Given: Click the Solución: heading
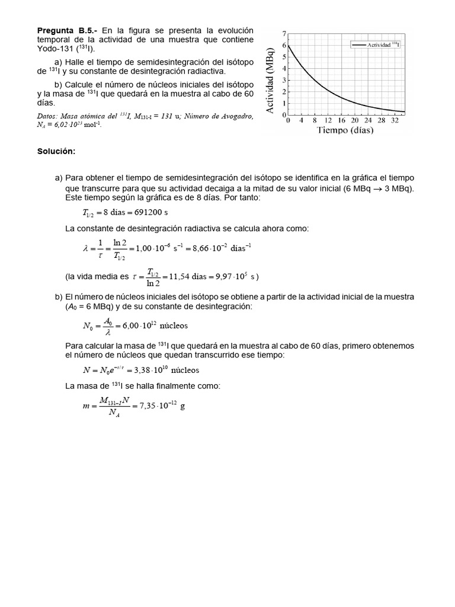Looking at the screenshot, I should click(x=56, y=151).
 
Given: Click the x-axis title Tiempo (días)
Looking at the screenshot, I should click(x=345, y=130).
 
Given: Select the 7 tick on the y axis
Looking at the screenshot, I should click(x=284, y=34).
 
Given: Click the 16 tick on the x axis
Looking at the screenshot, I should click(x=341, y=120).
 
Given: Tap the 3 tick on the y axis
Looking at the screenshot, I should click(x=284, y=80).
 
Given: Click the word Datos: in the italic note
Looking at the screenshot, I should click(x=48, y=117).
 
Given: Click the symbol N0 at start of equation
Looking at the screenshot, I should click(x=88, y=325).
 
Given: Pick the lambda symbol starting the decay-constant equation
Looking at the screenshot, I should click(x=85, y=249).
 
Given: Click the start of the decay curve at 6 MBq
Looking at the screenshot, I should click(x=289, y=46).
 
